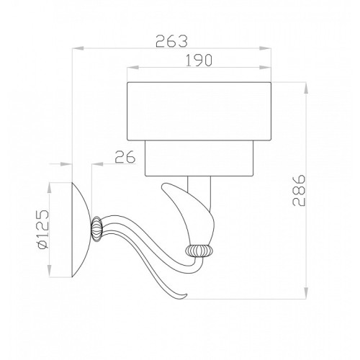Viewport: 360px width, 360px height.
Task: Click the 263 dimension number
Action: point(171,41)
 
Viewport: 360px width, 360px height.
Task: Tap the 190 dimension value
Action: point(199,60)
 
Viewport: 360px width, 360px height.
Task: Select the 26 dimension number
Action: point(125,157)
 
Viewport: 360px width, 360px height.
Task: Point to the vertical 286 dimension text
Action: point(299,190)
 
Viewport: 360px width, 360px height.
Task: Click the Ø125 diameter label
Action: point(43,230)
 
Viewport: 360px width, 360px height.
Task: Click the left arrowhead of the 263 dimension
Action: point(78,48)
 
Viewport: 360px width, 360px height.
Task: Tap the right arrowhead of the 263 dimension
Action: point(265,48)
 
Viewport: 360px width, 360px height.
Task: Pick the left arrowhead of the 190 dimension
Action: point(133,68)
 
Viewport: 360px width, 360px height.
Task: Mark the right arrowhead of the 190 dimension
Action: point(265,68)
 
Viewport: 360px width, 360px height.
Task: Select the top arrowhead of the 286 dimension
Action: point(306,89)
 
